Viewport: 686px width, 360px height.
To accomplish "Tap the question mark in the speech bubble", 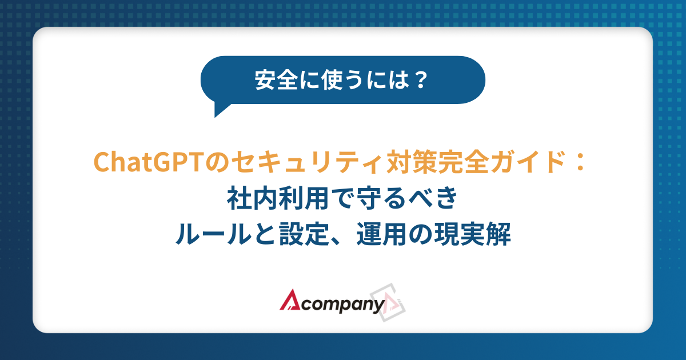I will coord(420,80).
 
